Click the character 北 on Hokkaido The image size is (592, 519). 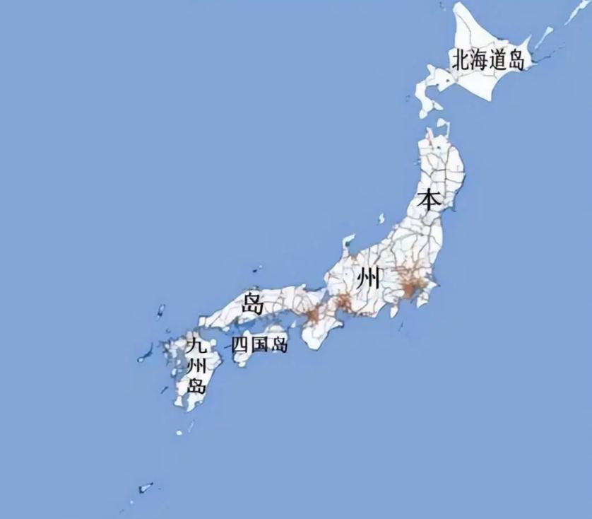click(461, 59)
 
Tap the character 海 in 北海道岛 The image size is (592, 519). click(479, 59)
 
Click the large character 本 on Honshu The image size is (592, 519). click(428, 199)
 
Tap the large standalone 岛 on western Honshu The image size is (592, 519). click(253, 304)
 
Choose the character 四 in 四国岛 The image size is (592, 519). click(240, 345)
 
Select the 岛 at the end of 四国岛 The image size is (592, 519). click(279, 345)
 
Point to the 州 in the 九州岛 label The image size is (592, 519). click(196, 366)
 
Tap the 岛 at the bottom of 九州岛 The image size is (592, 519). click(196, 385)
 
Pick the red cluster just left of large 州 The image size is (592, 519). click(343, 303)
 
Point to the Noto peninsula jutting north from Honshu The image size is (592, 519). click(348, 244)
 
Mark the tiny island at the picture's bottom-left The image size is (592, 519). click(146, 487)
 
